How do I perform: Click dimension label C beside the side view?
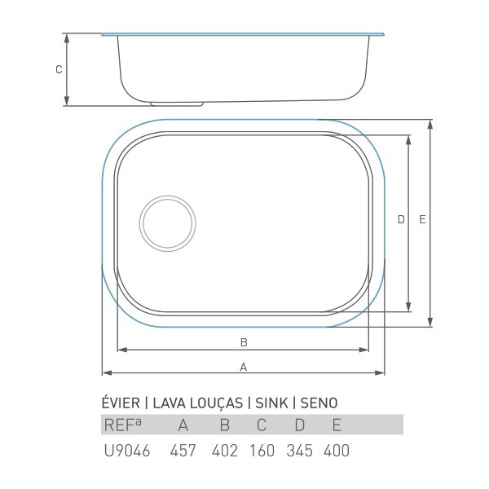point(59,69)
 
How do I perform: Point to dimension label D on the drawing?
point(401,219)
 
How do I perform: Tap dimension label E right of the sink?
point(422,219)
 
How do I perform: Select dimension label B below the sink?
point(244,342)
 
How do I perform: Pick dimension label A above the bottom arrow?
point(244,367)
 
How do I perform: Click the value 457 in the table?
point(183,451)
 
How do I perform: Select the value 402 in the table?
point(225,451)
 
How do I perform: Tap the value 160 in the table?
point(262,451)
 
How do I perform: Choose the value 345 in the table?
point(299,451)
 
